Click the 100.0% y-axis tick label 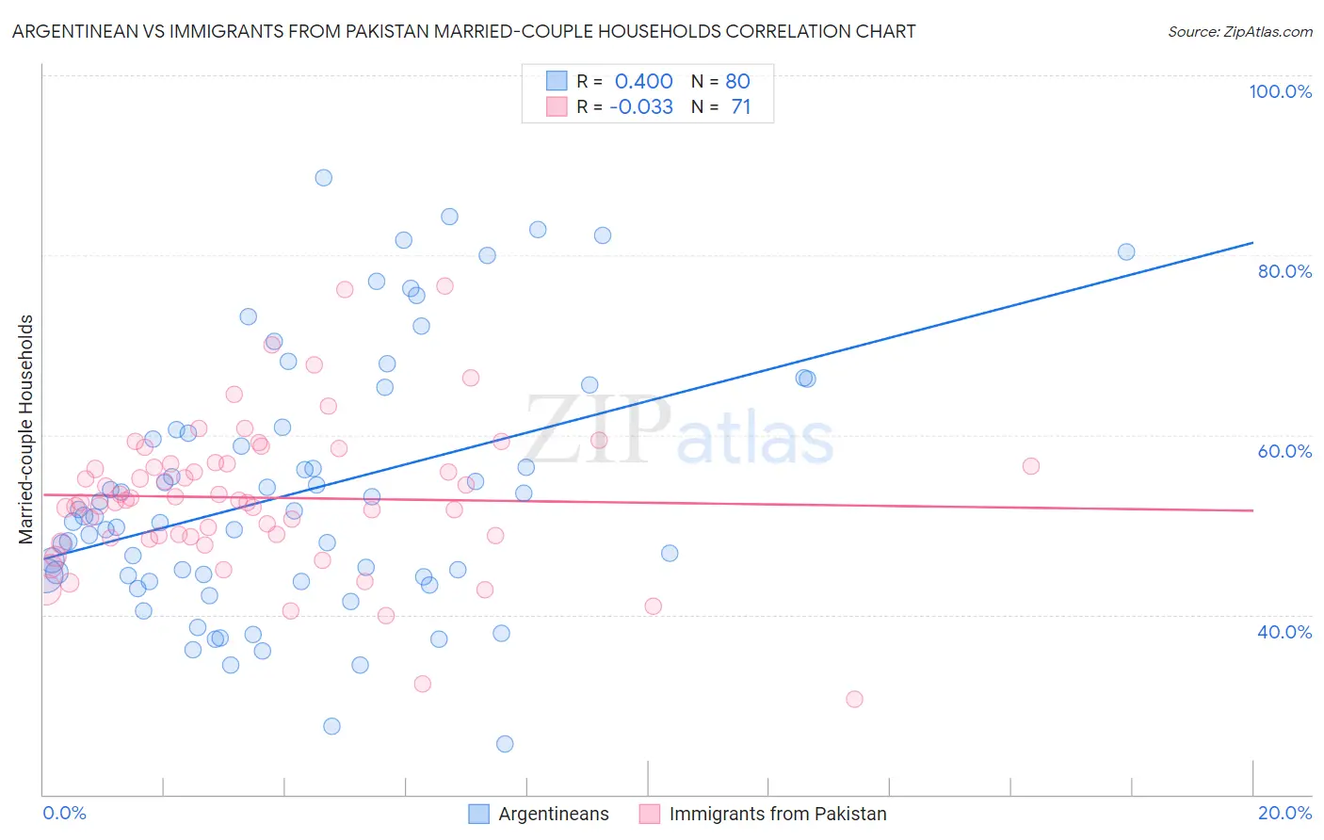(1280, 91)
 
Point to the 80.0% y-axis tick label (1284, 271)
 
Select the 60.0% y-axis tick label (1284, 451)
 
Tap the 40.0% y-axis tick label (1284, 631)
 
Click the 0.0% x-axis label (64, 813)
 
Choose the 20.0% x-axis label (1284, 813)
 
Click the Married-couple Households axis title (26, 429)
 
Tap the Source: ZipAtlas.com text (1239, 31)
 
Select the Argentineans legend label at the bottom (553, 814)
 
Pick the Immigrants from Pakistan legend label (777, 814)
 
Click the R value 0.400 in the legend (643, 81)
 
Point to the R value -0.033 (640, 106)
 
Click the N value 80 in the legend (737, 81)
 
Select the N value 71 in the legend (740, 106)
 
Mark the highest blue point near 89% (323, 177)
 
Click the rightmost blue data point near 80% (1126, 251)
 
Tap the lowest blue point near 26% (505, 744)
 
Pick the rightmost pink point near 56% (1031, 466)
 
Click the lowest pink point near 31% (854, 699)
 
